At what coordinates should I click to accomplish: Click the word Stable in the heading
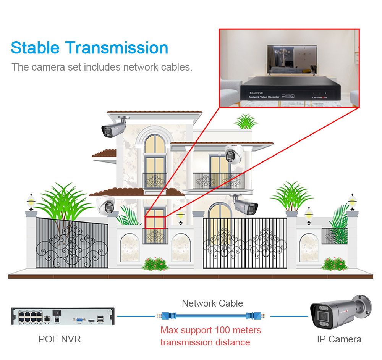coord(35,48)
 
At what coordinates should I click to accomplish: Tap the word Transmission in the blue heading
coord(117,48)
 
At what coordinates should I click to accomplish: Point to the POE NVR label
coord(60,339)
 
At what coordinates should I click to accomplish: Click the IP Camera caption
coord(339,339)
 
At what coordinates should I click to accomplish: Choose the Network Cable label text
coord(212,303)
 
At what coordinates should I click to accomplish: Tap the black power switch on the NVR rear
coord(57,313)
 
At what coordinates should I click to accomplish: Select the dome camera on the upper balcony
coord(232,154)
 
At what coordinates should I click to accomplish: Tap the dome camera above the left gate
coord(106,206)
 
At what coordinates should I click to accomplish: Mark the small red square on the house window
coord(155,223)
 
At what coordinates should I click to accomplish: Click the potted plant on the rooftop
coord(246,122)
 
